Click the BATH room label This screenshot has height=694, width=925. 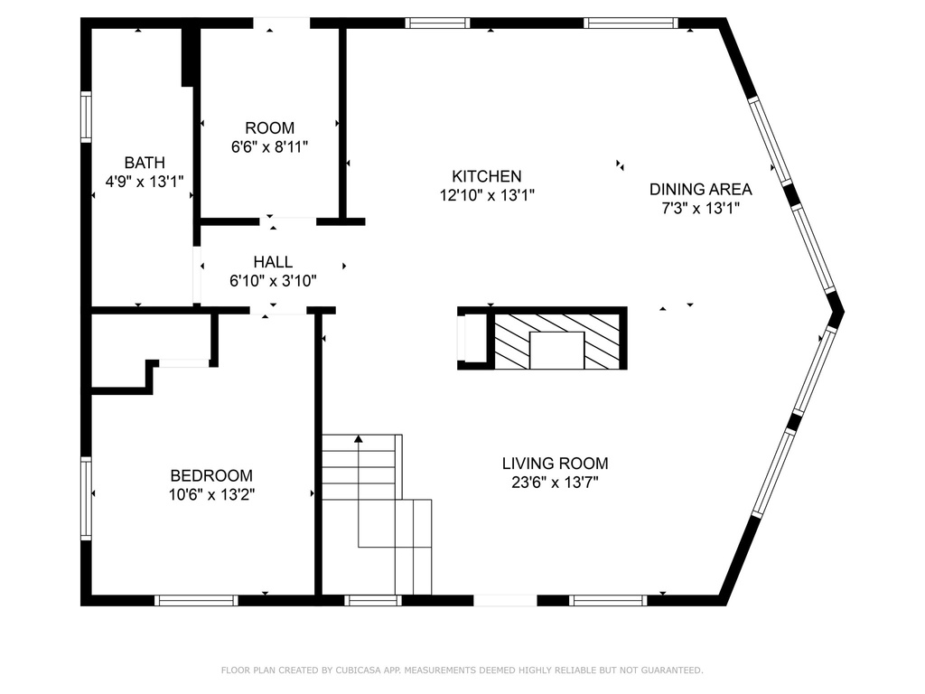click(145, 163)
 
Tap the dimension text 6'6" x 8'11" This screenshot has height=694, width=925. click(269, 147)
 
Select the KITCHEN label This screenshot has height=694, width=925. click(487, 176)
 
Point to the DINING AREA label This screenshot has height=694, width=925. click(700, 190)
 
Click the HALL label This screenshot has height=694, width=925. click(273, 261)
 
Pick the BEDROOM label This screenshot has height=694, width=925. click(211, 475)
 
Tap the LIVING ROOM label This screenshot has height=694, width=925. click(556, 464)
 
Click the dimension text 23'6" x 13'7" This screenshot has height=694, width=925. click(556, 483)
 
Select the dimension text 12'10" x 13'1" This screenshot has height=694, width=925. click(487, 195)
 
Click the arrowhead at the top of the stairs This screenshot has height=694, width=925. click(359, 438)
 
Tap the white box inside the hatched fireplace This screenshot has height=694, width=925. click(556, 351)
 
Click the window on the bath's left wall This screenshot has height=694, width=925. click(86, 117)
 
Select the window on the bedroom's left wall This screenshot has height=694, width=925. click(86, 498)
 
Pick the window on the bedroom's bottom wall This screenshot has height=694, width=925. click(196, 600)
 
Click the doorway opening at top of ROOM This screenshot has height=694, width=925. click(282, 23)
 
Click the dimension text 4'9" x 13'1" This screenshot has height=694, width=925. click(145, 181)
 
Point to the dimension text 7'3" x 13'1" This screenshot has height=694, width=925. click(700, 209)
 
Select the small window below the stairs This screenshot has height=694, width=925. click(373, 600)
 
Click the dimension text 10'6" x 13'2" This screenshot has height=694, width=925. click(211, 494)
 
